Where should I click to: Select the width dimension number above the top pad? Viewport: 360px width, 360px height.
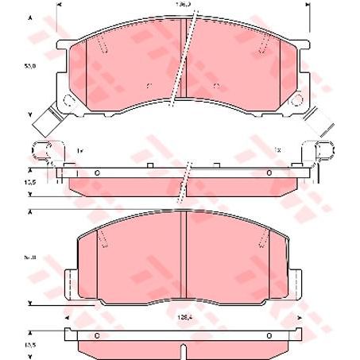tap(184, 5)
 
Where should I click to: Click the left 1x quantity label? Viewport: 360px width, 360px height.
tap(80, 149)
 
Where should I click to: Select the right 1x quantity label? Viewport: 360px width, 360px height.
tap(279, 149)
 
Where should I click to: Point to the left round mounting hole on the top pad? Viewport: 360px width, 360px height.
tap(68, 101)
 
